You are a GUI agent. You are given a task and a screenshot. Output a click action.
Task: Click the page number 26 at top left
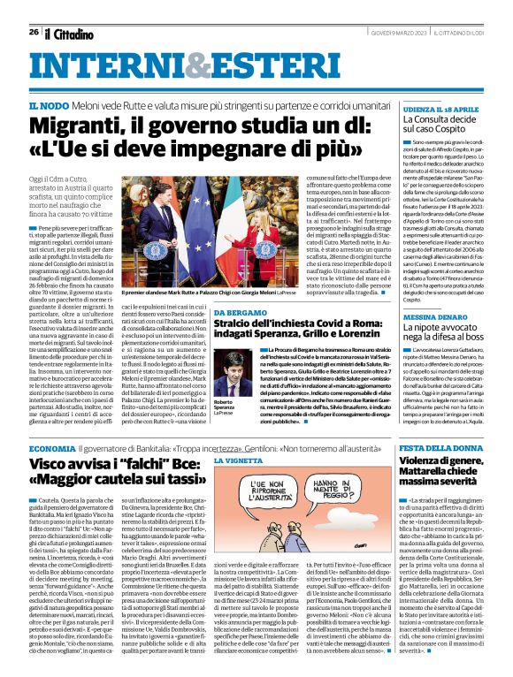[33, 32]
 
